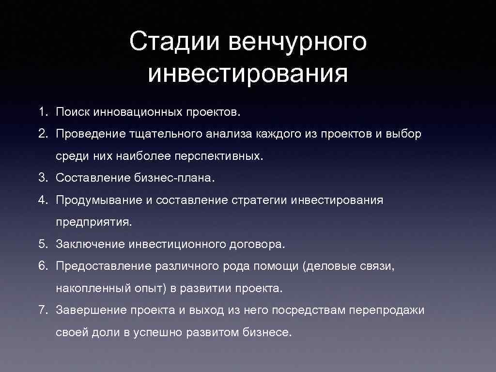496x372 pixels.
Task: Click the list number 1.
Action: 43,112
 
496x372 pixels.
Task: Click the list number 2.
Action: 43,134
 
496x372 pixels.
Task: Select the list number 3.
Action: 43,178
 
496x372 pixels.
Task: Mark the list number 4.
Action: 43,200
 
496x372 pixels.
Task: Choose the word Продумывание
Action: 98,200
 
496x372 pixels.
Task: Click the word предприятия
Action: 93,222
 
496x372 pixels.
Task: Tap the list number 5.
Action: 43,244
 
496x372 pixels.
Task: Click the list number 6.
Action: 43,266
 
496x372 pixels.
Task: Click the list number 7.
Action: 43,310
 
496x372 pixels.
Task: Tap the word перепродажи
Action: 389,310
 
